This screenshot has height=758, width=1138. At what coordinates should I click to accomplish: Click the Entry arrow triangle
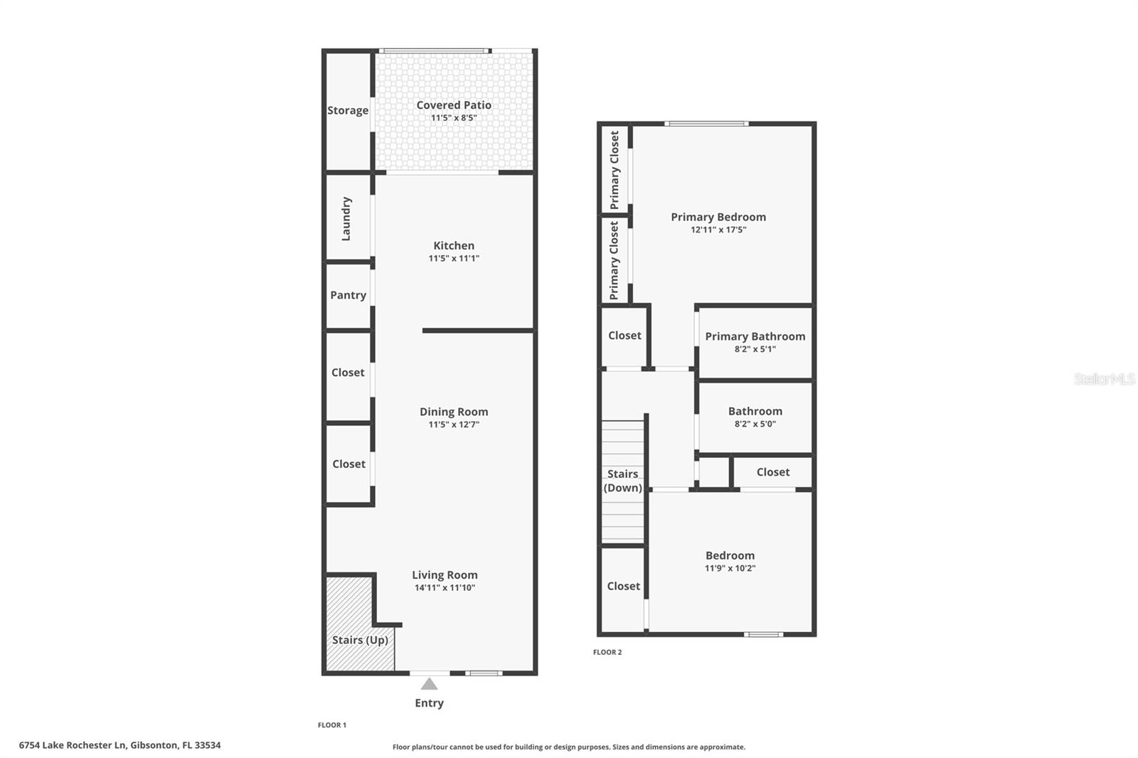click(x=429, y=684)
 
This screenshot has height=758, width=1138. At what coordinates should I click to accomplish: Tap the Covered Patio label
click(x=454, y=105)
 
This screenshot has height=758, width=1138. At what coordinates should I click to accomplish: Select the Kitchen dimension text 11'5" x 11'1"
click(x=454, y=259)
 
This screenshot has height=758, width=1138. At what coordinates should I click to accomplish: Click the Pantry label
click(x=348, y=295)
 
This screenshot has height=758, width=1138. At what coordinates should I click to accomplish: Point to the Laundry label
click(x=346, y=219)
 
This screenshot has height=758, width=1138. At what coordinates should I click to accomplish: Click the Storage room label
click(x=348, y=110)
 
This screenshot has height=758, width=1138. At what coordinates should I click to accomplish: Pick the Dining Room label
click(x=454, y=412)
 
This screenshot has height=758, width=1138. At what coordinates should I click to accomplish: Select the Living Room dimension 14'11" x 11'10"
click(x=445, y=588)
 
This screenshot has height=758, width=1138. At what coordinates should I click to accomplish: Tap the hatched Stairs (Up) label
click(x=360, y=640)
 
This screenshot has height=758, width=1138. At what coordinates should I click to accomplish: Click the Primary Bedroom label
click(x=718, y=217)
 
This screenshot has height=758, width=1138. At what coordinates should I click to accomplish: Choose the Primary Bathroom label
click(x=755, y=336)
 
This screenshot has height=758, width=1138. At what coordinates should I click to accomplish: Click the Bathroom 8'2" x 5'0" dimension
click(x=755, y=424)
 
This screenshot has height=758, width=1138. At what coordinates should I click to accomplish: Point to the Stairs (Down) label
click(x=622, y=481)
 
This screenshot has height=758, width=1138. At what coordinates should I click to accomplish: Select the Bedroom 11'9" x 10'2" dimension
click(x=730, y=568)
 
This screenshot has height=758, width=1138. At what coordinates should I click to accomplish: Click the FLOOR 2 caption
click(x=607, y=652)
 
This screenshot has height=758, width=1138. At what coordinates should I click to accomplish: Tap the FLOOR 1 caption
click(x=331, y=725)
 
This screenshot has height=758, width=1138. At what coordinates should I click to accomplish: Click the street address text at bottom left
click(x=119, y=745)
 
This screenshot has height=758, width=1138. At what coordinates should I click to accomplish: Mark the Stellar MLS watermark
click(x=1104, y=379)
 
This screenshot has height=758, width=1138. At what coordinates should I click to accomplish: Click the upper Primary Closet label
click(x=615, y=169)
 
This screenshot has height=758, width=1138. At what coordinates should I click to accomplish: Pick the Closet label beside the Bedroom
click(x=623, y=586)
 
